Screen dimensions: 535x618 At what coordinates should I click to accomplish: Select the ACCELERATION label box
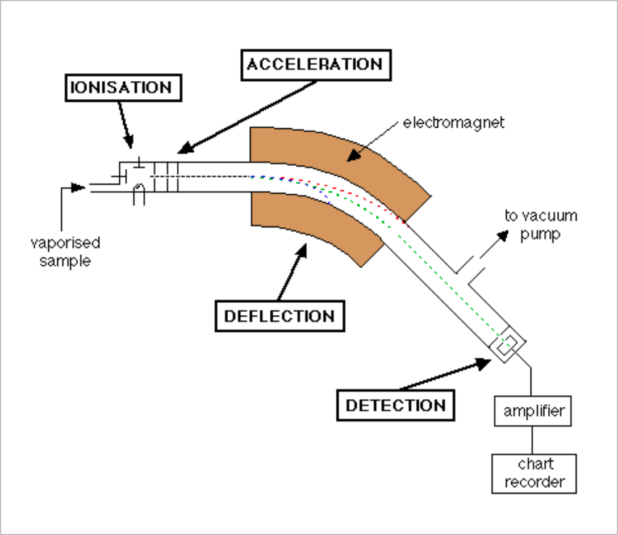click(314, 64)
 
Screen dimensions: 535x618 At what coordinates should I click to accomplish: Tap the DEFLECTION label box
click(279, 316)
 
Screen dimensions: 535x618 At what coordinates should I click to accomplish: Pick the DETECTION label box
click(396, 406)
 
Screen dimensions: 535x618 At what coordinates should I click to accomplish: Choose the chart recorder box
click(535, 474)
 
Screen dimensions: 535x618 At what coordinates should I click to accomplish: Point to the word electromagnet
click(453, 122)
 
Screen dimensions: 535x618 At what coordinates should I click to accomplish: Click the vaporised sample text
click(65, 252)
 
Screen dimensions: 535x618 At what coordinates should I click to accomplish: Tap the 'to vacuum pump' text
click(541, 224)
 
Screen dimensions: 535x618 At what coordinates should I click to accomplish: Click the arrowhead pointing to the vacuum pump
click(502, 234)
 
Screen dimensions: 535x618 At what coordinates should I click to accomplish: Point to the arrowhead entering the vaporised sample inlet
click(80, 186)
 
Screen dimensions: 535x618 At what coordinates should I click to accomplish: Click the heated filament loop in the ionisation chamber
click(138, 195)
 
